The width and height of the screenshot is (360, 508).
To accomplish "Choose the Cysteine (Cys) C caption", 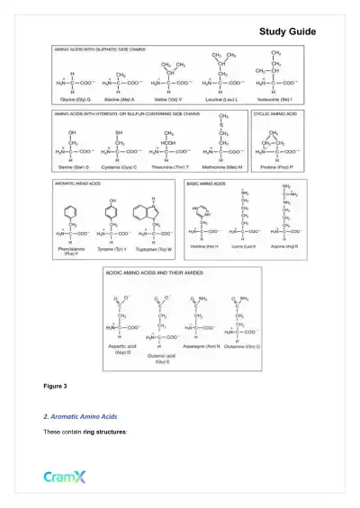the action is tap(120, 168).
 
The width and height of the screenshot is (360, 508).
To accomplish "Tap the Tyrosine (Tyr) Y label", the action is tap(112, 246).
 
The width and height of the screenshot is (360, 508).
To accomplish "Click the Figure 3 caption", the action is tap(56, 386).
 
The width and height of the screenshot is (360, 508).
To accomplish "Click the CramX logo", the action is tap(65, 477).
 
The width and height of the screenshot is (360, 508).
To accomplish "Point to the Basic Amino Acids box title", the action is tap(207, 183).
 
